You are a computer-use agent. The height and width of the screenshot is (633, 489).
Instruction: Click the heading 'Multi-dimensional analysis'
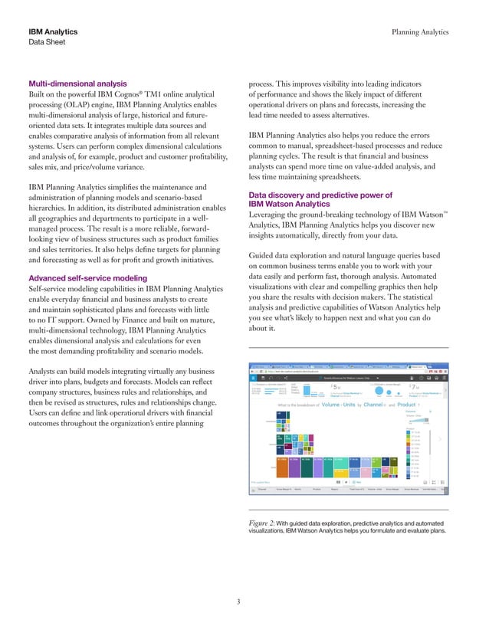(x=77, y=84)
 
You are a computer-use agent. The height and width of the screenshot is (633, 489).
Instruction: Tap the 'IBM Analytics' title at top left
(x=53, y=32)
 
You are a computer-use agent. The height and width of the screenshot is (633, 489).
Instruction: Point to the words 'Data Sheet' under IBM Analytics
(x=48, y=44)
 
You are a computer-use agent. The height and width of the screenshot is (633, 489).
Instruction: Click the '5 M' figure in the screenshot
(x=335, y=388)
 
